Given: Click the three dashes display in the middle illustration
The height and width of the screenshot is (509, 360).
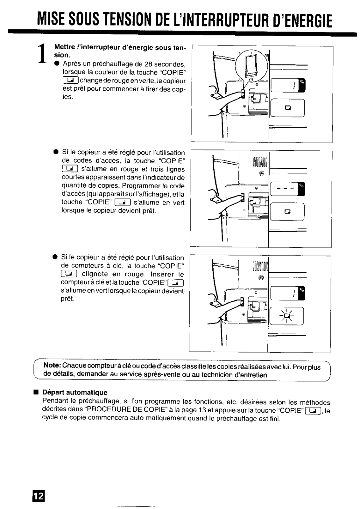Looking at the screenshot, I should coord(284,189).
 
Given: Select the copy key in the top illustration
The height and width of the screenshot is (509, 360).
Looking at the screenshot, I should coord(288,108).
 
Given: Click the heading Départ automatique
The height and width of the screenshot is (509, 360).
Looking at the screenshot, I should coord(75,392).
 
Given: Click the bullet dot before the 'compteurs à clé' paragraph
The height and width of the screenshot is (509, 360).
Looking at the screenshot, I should coord(55,256).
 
